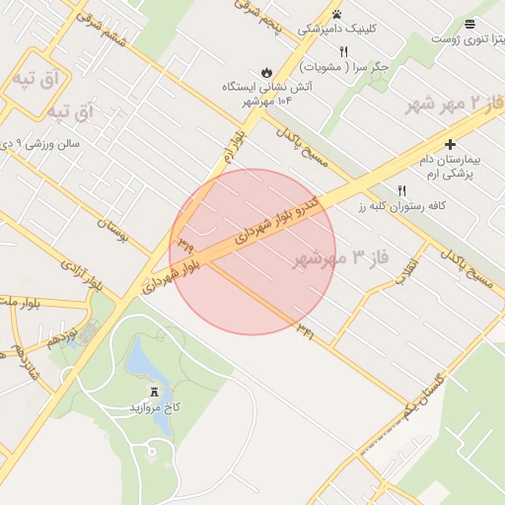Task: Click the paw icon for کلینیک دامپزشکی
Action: click(x=337, y=14)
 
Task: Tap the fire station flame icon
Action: click(x=266, y=72)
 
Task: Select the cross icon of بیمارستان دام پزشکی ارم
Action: click(x=451, y=144)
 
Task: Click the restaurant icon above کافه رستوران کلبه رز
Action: click(x=401, y=190)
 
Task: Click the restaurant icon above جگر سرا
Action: click(x=344, y=51)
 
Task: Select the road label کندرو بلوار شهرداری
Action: click(x=282, y=213)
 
